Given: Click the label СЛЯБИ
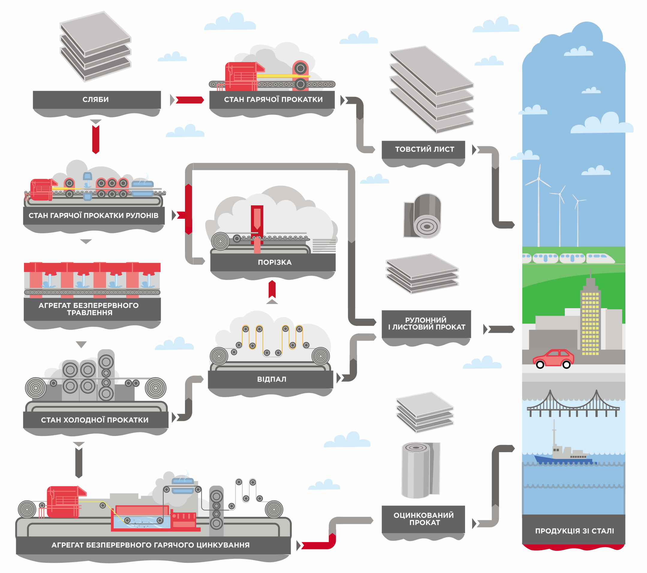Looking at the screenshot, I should [96, 100].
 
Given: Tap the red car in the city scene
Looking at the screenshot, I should [553, 359].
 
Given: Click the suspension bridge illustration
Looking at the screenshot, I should [573, 405].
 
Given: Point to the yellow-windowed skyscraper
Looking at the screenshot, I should [590, 320].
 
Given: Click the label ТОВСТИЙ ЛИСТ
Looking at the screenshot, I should [424, 149].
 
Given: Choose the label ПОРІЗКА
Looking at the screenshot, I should [274, 262].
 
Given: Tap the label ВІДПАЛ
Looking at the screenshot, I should [272, 379].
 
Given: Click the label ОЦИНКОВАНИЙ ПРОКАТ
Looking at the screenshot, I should [424, 519].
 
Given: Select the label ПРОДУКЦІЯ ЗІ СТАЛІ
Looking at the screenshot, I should [574, 531].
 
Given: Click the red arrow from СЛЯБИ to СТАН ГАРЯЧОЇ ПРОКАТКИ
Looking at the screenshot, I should [189, 100].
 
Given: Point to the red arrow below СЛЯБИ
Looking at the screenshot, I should [96, 139].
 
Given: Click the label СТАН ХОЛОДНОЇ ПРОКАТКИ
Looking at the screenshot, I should [95, 420].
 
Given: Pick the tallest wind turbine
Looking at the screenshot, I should [538, 203].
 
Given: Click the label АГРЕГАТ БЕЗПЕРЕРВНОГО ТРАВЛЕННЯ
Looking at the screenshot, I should [89, 309].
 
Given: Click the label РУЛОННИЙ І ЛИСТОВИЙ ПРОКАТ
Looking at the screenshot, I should [426, 323].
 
